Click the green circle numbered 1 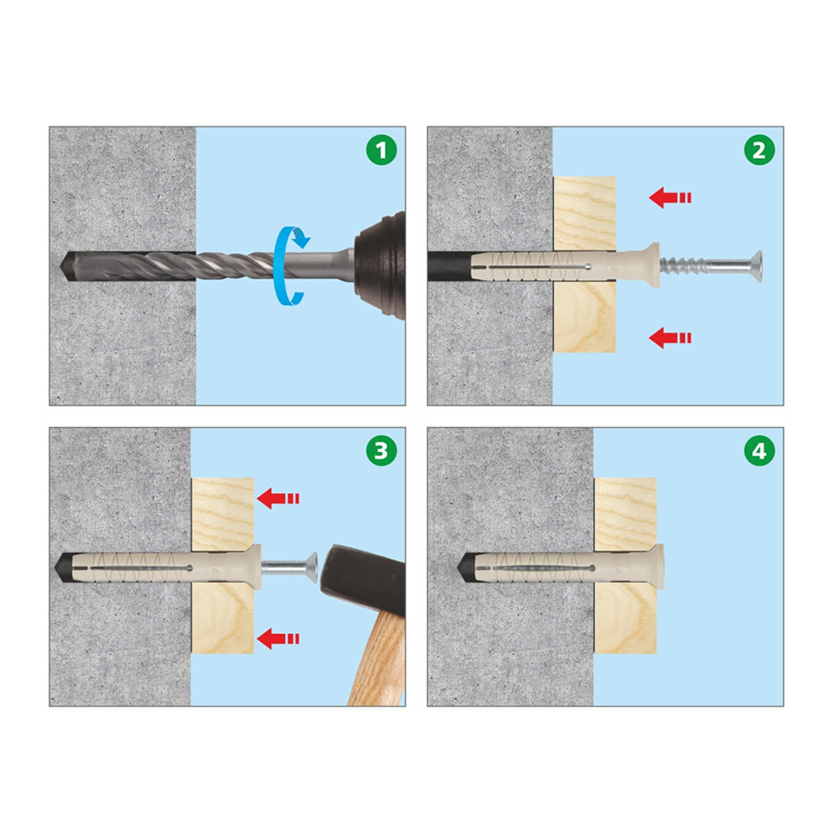click(381, 150)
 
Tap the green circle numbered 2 click(759, 150)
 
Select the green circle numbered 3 click(381, 451)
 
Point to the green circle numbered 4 click(759, 451)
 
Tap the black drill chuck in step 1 click(381, 266)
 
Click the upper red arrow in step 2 click(670, 197)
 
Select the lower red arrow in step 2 click(670, 338)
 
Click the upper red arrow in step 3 click(278, 498)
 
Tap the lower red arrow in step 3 click(278, 639)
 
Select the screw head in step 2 click(756, 267)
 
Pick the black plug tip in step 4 click(466, 567)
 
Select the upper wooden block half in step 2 click(585, 213)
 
